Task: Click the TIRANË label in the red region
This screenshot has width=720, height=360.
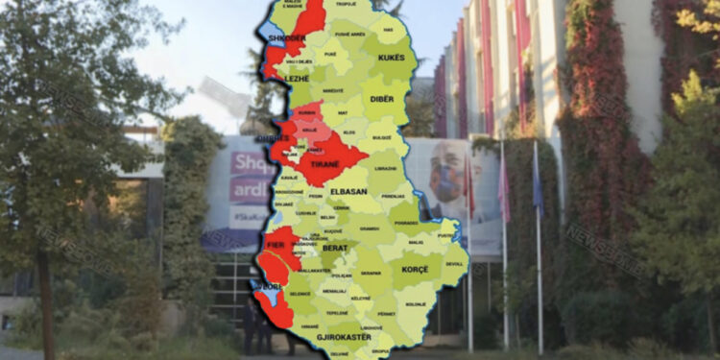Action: (x=329, y=165)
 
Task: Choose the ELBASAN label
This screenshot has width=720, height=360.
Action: (x=348, y=190)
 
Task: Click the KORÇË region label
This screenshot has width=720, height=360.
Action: (x=415, y=271)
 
